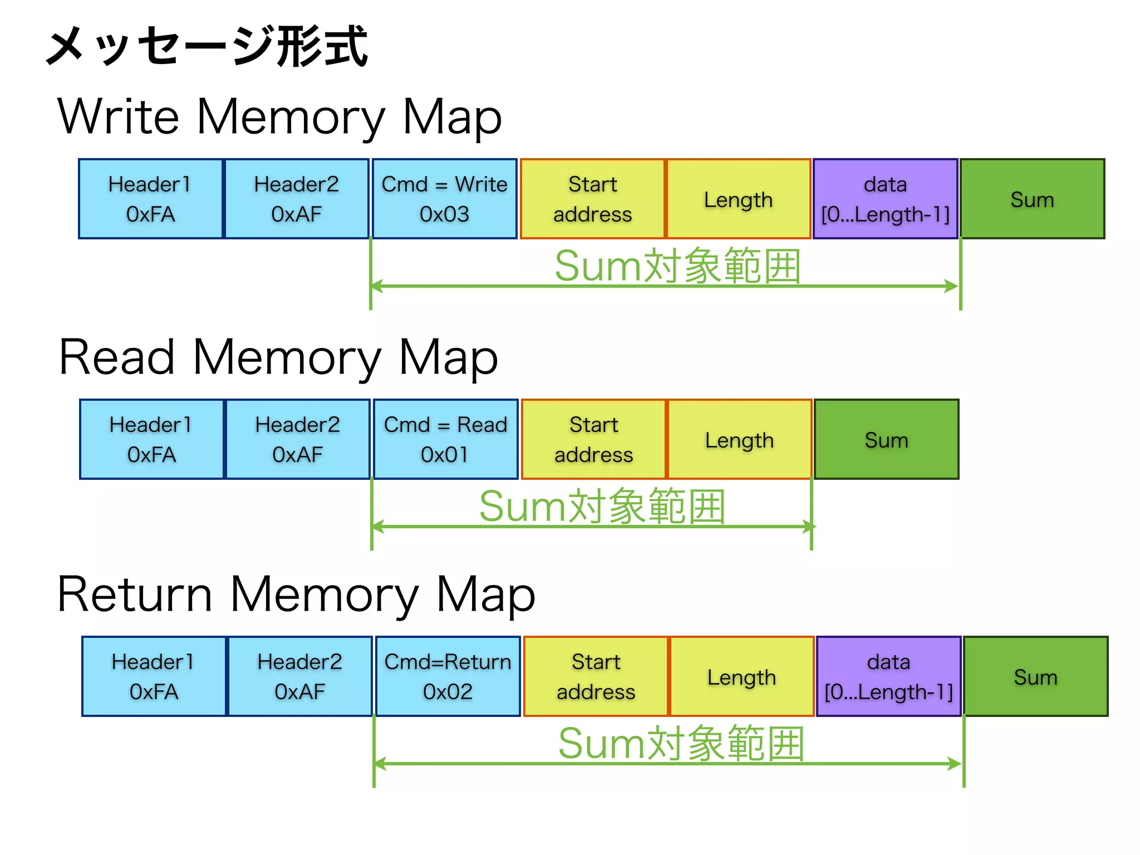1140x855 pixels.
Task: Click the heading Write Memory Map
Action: click(279, 117)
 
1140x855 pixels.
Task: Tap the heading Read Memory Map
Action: click(278, 357)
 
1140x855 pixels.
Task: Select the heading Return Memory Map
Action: click(296, 594)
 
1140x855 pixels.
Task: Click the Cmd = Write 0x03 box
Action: click(444, 199)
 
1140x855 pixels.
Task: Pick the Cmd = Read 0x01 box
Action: click(445, 439)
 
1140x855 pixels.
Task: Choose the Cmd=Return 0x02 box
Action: click(448, 676)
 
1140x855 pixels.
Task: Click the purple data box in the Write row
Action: click(885, 199)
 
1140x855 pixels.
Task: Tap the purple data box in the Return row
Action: click(888, 676)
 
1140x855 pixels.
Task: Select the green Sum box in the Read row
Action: click(886, 439)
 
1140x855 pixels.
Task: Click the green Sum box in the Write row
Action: click(1032, 199)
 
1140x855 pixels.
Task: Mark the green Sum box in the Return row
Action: click(1035, 676)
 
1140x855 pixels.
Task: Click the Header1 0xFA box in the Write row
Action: click(150, 199)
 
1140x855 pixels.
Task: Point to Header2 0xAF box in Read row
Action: click(297, 439)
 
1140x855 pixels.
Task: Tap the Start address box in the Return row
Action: click(596, 676)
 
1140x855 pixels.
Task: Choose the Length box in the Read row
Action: click(739, 439)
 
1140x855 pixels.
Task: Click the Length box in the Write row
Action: click(738, 199)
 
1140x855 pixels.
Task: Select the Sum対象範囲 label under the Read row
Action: click(602, 506)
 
